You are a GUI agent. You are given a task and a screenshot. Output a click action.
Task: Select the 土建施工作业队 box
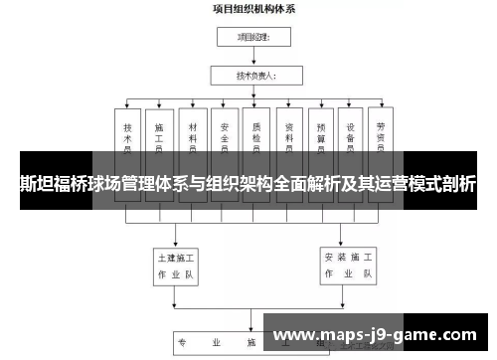[x=176, y=264]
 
